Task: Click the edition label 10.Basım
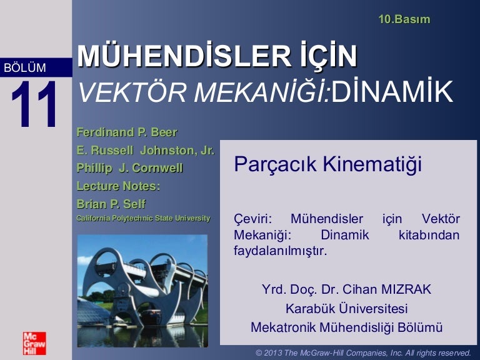(404, 19)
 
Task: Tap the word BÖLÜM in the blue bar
(25, 67)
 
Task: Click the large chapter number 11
(34, 104)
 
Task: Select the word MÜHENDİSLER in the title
(184, 57)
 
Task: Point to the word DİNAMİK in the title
(392, 91)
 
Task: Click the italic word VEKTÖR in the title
(132, 92)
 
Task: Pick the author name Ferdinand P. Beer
(127, 132)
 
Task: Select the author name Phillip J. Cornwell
(129, 168)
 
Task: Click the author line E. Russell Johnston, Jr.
(146, 150)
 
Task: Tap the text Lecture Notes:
(118, 186)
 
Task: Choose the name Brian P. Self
(111, 204)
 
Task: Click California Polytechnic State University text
(143, 218)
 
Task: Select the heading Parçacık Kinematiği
(328, 164)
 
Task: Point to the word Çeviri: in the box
(253, 219)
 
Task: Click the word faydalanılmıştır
(281, 251)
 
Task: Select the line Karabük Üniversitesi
(346, 309)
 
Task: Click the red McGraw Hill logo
(34, 343)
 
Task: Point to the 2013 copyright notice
(363, 353)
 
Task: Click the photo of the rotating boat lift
(142, 291)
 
